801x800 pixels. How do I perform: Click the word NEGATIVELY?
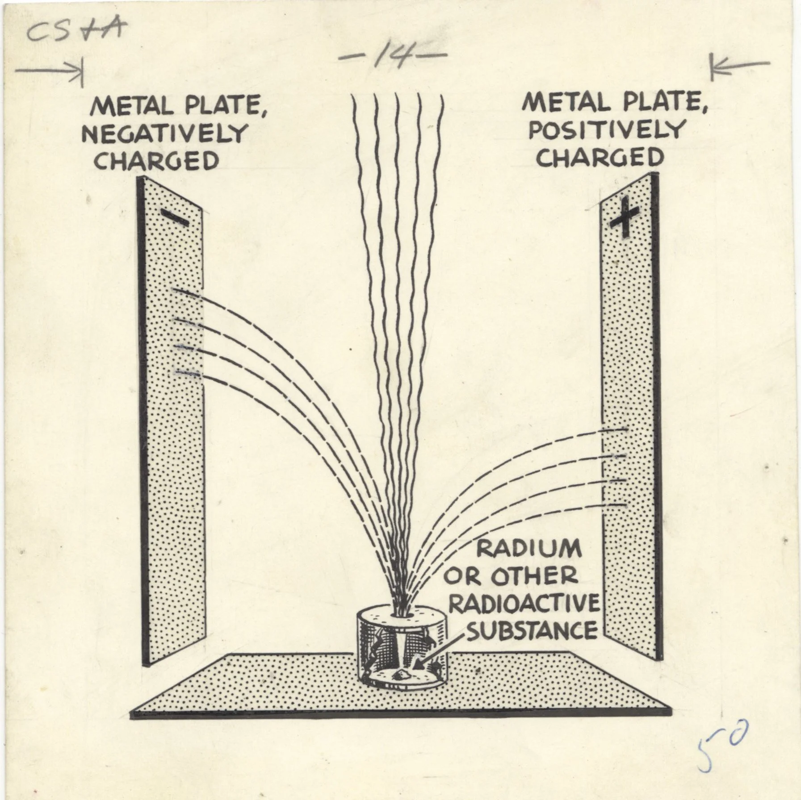[164, 133]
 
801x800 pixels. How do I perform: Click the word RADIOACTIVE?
[524, 604]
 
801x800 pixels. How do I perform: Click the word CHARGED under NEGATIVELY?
[156, 161]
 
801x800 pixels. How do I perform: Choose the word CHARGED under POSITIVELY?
[600, 158]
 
